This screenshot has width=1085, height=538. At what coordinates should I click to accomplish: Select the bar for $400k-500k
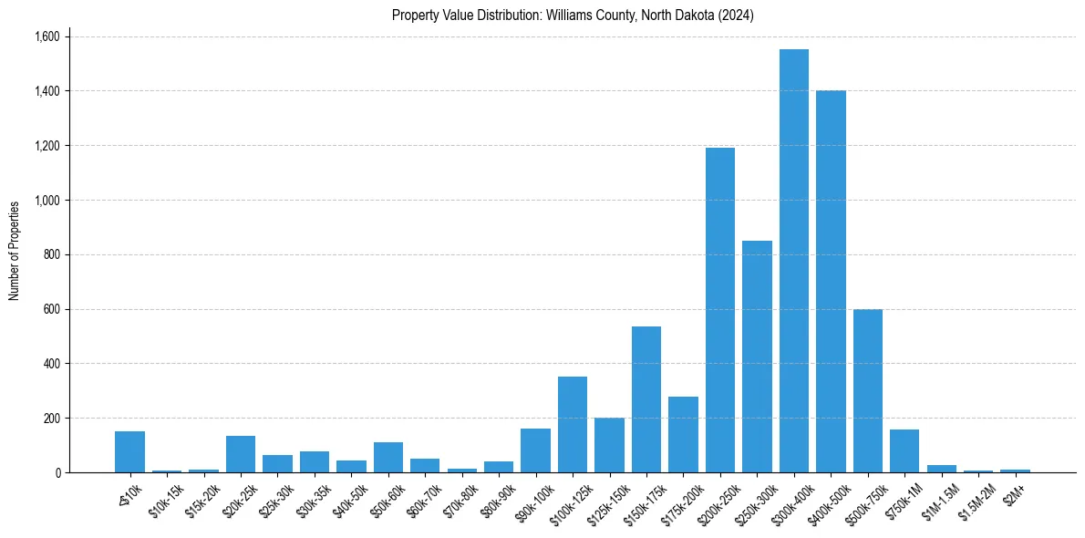831,282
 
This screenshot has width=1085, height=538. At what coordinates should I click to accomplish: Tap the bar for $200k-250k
720,310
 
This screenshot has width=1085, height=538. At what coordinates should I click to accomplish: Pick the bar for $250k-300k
757,357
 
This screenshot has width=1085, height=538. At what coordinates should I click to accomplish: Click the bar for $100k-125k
573,424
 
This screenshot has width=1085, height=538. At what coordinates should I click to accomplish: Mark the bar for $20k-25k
241,454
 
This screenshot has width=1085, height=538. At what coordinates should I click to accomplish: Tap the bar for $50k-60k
388,457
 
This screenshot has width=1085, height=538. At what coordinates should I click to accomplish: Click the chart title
573,16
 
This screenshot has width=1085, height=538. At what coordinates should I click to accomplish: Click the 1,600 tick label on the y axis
46,36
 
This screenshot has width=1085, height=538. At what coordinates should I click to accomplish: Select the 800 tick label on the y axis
51,254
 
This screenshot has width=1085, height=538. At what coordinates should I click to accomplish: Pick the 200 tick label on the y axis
51,418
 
